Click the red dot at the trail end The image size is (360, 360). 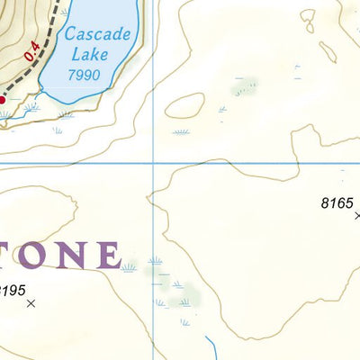point(2,100)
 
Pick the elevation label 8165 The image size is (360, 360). point(337,203)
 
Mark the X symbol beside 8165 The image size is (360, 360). point(357,215)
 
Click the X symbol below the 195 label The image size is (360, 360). point(32,304)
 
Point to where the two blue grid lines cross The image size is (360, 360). point(153,164)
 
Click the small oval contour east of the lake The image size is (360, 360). point(184,105)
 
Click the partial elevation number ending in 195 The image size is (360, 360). point(13,290)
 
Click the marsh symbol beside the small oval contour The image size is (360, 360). point(181,131)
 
